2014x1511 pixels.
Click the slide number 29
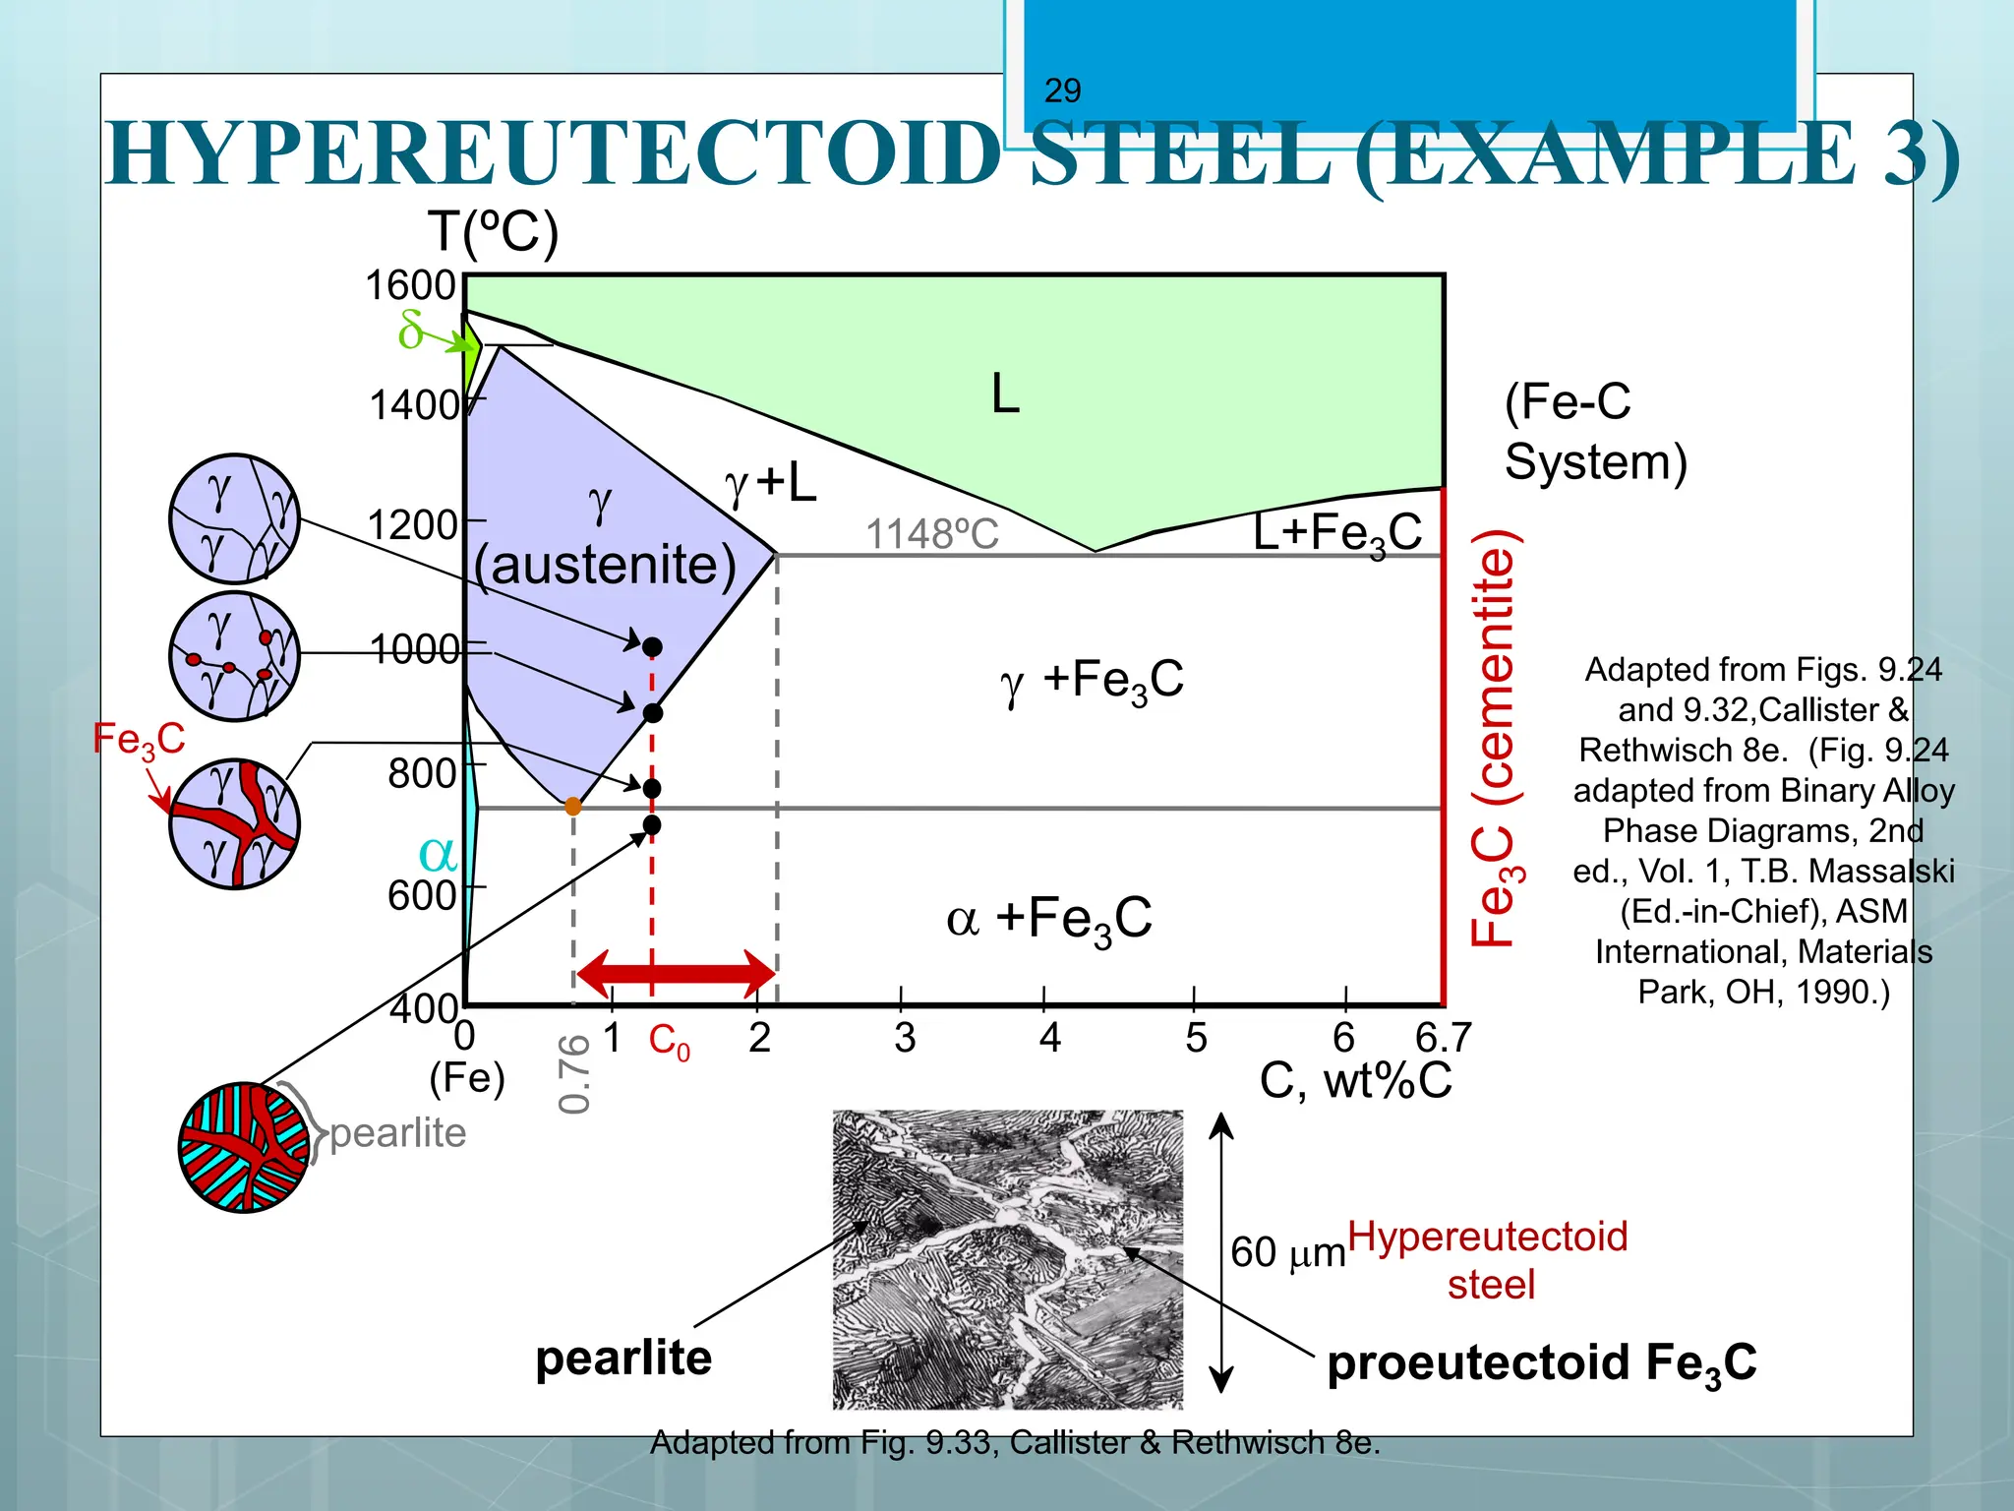click(1062, 91)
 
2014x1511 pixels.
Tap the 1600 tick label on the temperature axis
click(411, 285)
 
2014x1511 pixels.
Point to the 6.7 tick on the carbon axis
click(1443, 1038)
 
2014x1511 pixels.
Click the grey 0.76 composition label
click(574, 1073)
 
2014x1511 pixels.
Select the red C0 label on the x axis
click(669, 1041)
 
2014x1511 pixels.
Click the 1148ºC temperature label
click(931, 534)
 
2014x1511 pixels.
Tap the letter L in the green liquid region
click(1005, 394)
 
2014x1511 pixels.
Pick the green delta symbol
click(411, 330)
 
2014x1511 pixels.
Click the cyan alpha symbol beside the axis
click(438, 854)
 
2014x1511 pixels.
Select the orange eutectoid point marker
click(573, 807)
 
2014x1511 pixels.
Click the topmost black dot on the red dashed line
click(652, 646)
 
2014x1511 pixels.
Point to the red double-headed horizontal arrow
click(677, 974)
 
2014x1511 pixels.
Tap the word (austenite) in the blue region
click(605, 565)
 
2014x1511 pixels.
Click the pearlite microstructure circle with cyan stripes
click(244, 1147)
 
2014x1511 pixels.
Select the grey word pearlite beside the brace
click(398, 1133)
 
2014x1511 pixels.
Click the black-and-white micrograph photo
click(1008, 1259)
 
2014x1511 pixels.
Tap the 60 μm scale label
click(1287, 1253)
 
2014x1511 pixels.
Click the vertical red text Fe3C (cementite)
click(1496, 738)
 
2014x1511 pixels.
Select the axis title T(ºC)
click(493, 233)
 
